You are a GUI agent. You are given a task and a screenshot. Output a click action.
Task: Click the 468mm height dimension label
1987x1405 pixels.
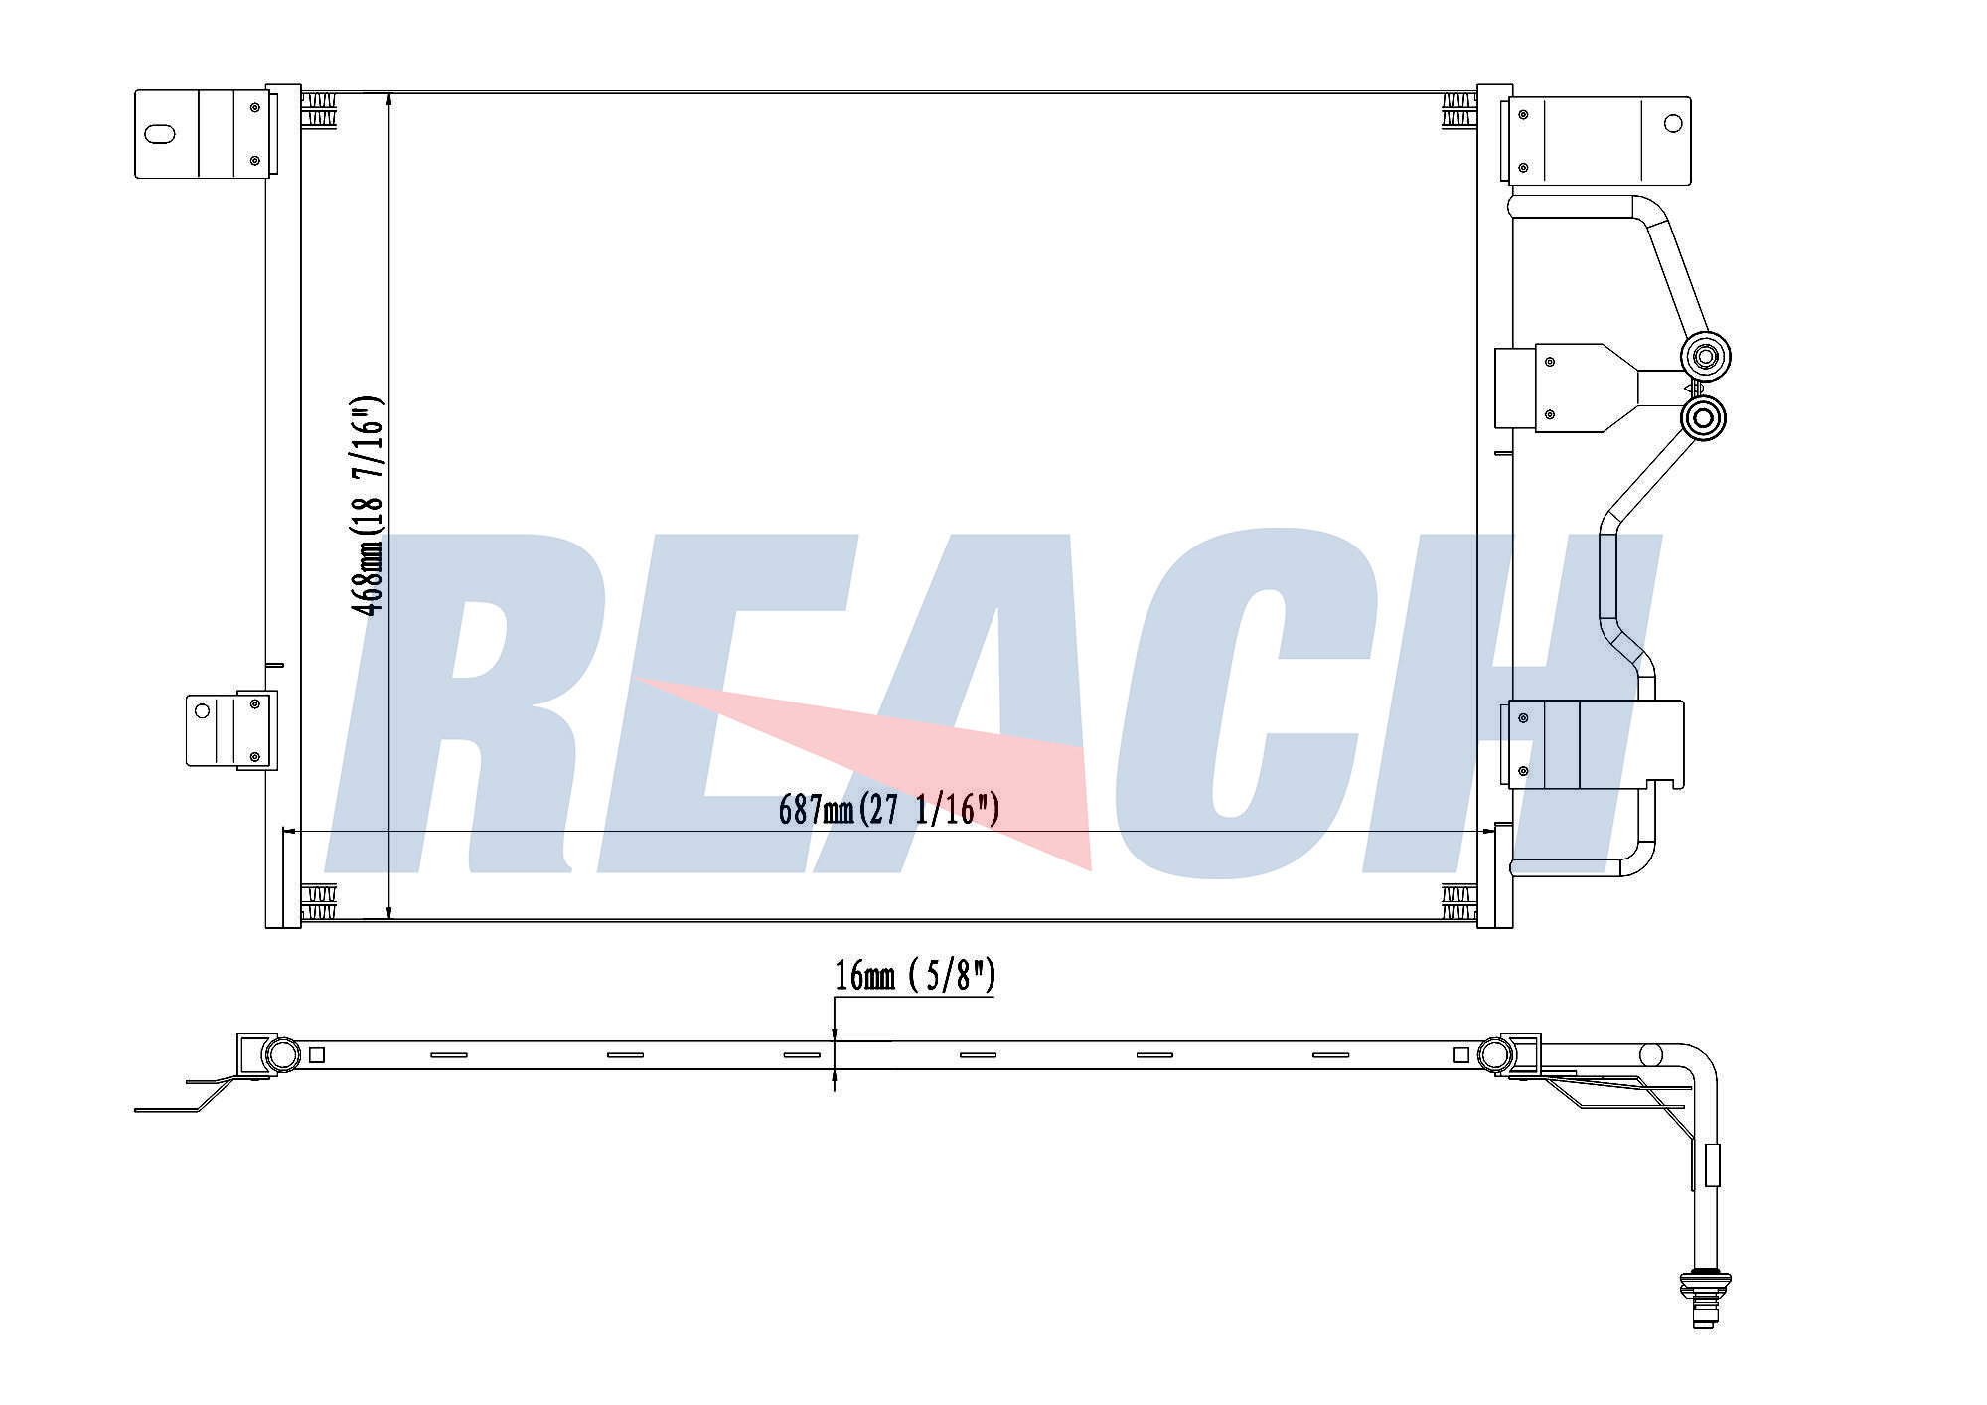coord(367,506)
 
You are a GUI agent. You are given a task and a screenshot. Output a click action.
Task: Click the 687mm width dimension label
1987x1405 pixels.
coord(889,810)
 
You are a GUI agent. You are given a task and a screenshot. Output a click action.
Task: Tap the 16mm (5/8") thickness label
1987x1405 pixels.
coord(914,976)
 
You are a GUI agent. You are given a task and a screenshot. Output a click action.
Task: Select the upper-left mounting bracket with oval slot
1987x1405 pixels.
coord(204,134)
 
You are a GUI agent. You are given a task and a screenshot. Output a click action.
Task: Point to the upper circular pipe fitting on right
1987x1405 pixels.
coord(1705,356)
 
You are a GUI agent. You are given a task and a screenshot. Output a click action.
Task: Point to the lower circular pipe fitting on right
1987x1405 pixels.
coord(1703,418)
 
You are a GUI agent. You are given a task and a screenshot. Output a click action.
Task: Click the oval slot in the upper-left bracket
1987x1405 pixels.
coord(159,134)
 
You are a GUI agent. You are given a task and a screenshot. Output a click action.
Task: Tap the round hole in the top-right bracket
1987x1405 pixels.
coord(1673,123)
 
